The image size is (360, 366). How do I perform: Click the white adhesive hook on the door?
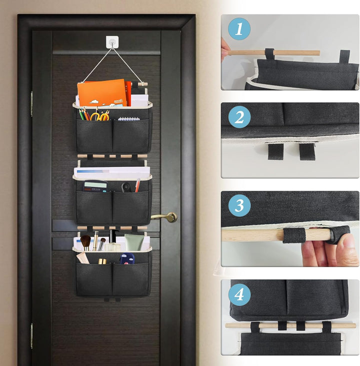tap(112, 42)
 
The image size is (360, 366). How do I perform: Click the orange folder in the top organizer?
tap(102, 93)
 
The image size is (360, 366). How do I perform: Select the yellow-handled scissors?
tap(100, 116)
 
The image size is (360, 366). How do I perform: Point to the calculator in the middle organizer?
tap(95, 186)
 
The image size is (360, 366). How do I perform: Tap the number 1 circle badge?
tap(239, 29)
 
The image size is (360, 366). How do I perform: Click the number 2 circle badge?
tap(239, 117)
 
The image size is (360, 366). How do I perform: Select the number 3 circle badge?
tap(239, 205)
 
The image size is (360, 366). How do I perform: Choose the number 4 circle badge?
tap(239, 294)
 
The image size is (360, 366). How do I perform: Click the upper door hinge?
tap(31, 104)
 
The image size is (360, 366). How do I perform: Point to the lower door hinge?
tap(31, 336)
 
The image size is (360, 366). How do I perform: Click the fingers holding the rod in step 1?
tap(224, 50)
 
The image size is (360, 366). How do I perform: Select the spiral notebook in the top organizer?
tap(129, 119)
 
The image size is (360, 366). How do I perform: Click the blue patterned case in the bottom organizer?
tap(127, 259)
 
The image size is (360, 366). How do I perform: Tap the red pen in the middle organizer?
tap(137, 185)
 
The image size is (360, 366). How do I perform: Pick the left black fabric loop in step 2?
tap(275, 152)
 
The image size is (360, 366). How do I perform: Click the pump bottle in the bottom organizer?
tap(112, 240)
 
